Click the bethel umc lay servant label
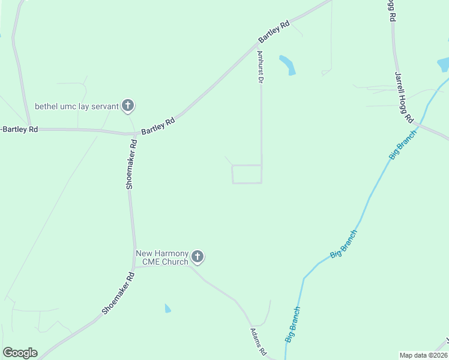(x=76, y=106)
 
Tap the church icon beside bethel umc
(x=127, y=106)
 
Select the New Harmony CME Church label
(x=162, y=257)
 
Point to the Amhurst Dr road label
(x=261, y=67)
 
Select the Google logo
(x=20, y=353)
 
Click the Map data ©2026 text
(x=423, y=355)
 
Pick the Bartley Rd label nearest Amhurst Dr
(x=274, y=32)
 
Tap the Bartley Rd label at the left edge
(x=19, y=129)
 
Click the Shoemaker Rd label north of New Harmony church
(x=131, y=165)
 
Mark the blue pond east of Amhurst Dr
(x=288, y=64)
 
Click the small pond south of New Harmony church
(x=167, y=308)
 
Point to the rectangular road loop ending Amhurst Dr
(x=247, y=174)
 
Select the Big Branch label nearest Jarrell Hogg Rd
(x=403, y=144)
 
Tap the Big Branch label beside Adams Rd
(x=292, y=325)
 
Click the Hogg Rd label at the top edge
(x=390, y=10)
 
